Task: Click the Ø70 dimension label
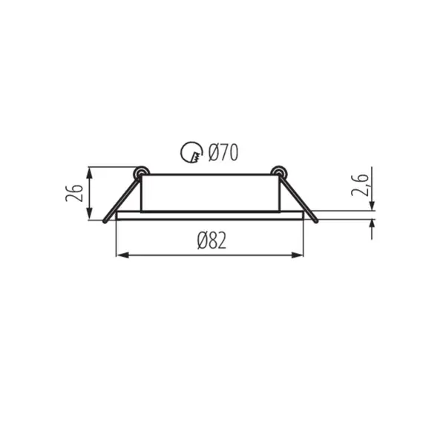(x=223, y=154)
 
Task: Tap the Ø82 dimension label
(x=211, y=240)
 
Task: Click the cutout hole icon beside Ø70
(x=191, y=154)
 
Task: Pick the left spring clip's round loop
(x=139, y=173)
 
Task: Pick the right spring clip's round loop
(x=280, y=173)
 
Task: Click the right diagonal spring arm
(x=298, y=197)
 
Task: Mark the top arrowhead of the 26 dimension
(x=90, y=172)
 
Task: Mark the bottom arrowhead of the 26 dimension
(x=90, y=216)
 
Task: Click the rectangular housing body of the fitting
(x=210, y=191)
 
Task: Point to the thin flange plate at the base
(x=210, y=216)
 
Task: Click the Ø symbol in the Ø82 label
(x=202, y=240)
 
